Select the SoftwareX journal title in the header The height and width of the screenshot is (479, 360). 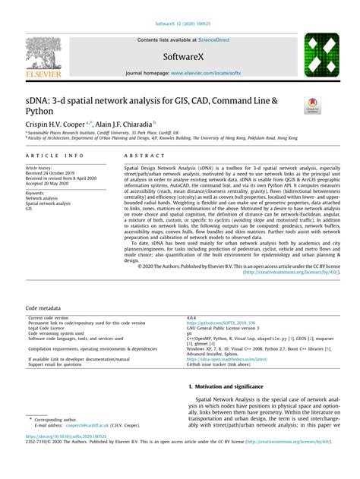(x=179, y=57)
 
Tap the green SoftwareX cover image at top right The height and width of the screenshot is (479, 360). (x=321, y=55)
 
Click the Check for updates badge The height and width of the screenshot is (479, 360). (x=312, y=107)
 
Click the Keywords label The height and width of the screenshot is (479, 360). (x=36, y=194)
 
